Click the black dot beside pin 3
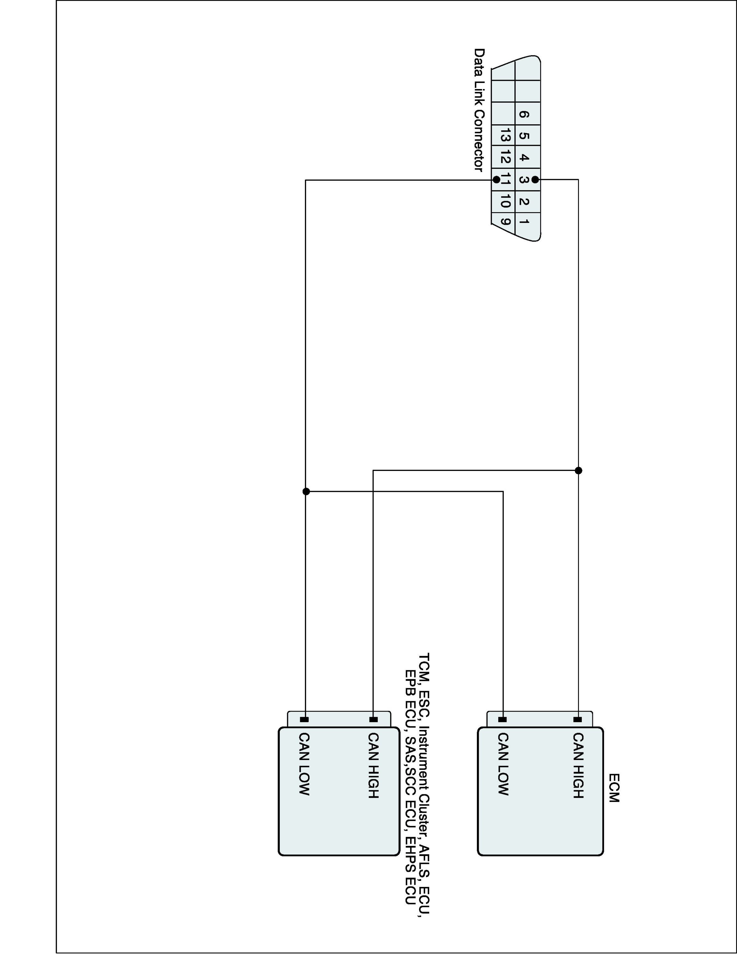pyautogui.click(x=535, y=180)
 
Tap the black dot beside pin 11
pyautogui.click(x=496, y=180)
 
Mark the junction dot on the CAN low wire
pyautogui.click(x=306, y=491)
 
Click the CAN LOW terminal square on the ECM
pyautogui.click(x=503, y=719)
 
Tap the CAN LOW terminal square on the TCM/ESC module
pyautogui.click(x=304, y=719)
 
